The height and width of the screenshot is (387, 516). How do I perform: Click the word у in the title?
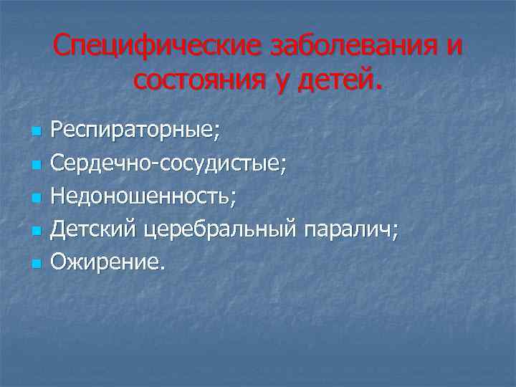tap(275, 82)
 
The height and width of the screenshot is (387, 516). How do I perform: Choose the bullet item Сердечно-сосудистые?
tap(173, 163)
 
